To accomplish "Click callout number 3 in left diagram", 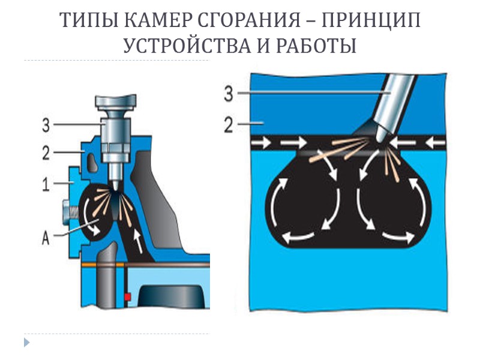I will point(46,125).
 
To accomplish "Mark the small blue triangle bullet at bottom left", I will point(26,343).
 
